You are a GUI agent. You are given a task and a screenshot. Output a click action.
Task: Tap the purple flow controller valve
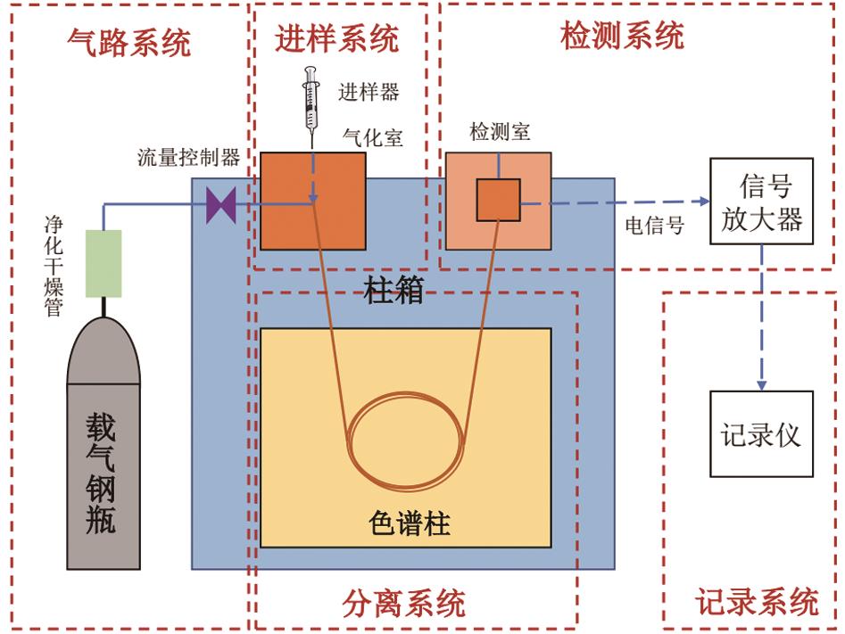tap(221, 205)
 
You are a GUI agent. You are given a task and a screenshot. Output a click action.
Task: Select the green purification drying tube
tap(104, 263)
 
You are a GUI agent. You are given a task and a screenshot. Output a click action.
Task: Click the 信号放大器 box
tap(761, 201)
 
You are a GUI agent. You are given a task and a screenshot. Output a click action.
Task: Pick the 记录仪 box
tap(761, 433)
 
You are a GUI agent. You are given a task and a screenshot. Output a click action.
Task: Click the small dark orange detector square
tap(498, 200)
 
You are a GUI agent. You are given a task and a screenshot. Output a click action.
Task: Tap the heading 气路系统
tap(129, 43)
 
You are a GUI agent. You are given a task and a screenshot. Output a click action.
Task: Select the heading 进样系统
tap(337, 38)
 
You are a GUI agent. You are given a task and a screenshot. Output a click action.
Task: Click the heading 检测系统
tap(623, 36)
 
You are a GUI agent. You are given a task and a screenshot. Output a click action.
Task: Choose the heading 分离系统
tap(403, 603)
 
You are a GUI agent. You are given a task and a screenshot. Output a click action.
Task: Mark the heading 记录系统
tap(758, 601)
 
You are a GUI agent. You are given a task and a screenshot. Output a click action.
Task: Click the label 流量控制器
tap(188, 157)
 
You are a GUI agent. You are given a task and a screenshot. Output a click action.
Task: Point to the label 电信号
tap(655, 225)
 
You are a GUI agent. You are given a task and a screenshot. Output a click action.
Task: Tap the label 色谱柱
tap(410, 523)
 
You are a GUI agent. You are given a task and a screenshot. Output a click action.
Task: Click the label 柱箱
tap(394, 291)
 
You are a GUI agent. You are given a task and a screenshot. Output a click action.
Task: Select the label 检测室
tap(500, 131)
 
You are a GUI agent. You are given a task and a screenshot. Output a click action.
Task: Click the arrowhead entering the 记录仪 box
tap(761, 385)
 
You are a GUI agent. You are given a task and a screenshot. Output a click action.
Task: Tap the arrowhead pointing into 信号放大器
tap(704, 201)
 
